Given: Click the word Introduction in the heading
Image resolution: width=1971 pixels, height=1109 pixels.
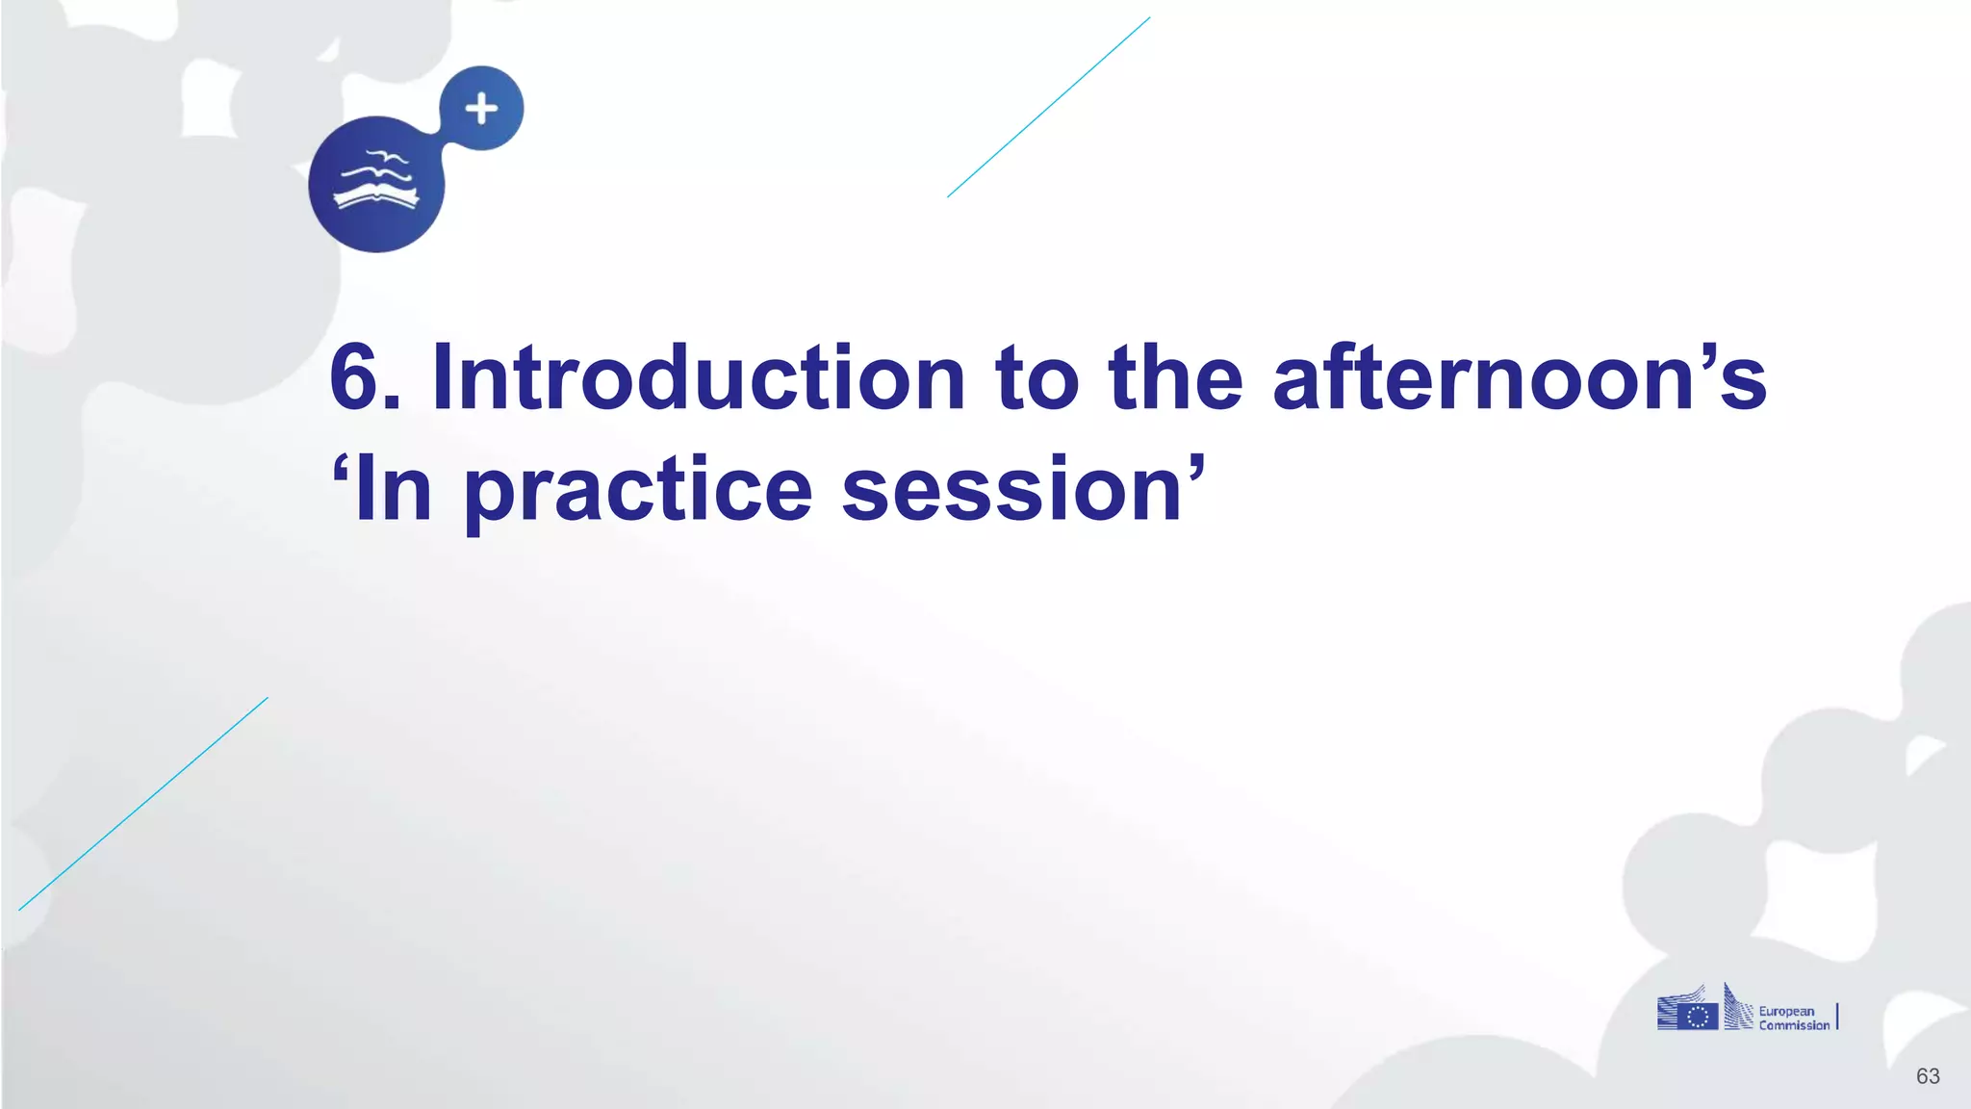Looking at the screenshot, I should pyautogui.click(x=698, y=378).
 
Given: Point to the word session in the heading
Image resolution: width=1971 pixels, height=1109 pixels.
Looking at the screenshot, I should pyautogui.click(x=1011, y=491).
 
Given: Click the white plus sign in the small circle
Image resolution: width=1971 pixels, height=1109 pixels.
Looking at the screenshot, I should pyautogui.click(x=482, y=109).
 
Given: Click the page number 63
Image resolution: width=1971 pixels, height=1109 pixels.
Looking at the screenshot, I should pyautogui.click(x=1928, y=1076).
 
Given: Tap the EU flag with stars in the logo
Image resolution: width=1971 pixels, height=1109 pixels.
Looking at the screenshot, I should pyautogui.click(x=1698, y=1017).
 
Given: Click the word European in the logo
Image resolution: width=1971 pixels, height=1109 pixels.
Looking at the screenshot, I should pyautogui.click(x=1786, y=1011).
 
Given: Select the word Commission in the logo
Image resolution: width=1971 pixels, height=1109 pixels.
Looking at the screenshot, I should pyautogui.click(x=1794, y=1026).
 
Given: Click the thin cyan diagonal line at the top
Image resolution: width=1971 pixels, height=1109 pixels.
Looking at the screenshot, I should pyautogui.click(x=1049, y=107).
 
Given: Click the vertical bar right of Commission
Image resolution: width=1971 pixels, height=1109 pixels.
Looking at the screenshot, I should pyautogui.click(x=1837, y=1017).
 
